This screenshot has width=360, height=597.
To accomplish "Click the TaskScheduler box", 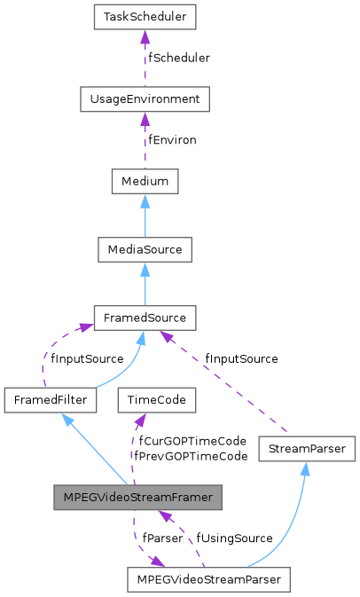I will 145,17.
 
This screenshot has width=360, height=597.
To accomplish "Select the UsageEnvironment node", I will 145,99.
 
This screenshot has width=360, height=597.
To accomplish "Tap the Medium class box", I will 145,182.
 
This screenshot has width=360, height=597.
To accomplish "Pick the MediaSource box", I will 145,249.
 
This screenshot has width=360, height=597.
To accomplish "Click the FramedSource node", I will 145,317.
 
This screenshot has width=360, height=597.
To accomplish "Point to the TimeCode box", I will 157,400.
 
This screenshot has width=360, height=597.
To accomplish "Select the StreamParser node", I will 308,449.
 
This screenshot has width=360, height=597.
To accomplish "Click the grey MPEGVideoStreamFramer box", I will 137,498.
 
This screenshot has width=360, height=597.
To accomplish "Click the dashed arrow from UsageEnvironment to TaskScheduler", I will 145,59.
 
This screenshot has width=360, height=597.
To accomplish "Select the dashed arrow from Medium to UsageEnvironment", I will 145,141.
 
